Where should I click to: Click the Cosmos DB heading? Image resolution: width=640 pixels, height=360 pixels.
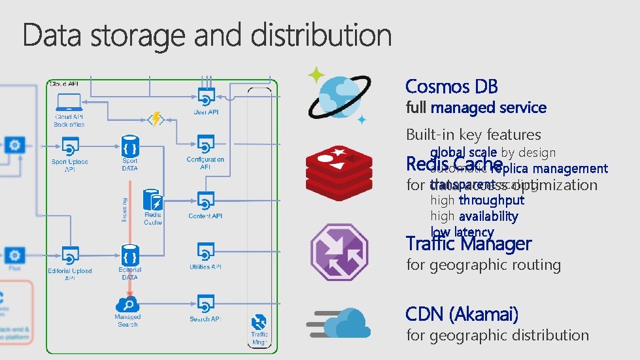[451, 86]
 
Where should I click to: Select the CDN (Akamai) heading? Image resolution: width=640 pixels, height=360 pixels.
[462, 314]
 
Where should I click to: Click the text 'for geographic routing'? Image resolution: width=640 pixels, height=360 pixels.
[483, 265]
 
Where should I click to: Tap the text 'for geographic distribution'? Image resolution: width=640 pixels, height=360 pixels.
[497, 335]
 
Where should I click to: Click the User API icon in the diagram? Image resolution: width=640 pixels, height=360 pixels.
[205, 98]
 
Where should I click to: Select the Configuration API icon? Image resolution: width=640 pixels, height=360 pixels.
[205, 145]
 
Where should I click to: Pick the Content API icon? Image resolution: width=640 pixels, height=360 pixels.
[205, 200]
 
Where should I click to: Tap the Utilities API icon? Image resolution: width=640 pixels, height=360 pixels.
[205, 252]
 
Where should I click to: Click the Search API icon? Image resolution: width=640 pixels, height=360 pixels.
[205, 304]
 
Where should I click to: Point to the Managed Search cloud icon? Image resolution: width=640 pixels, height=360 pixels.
[127, 304]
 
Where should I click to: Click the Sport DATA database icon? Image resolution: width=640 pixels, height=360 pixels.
[129, 146]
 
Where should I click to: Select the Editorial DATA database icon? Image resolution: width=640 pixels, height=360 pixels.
[129, 254]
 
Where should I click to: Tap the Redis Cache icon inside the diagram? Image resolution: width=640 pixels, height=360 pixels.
[152, 199]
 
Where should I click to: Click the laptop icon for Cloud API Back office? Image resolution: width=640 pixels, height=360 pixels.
[69, 102]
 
